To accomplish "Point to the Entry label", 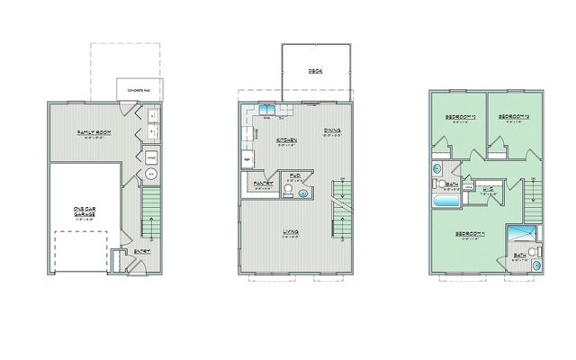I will [141, 251].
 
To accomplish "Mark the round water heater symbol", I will [150, 173].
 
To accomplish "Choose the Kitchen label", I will [287, 140].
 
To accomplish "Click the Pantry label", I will [263, 183].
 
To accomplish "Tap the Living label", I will [291, 232].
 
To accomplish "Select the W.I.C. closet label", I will [489, 189].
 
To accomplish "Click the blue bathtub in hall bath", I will [447, 202].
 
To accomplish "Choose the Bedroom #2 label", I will [511, 118].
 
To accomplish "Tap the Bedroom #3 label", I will [459, 118].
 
